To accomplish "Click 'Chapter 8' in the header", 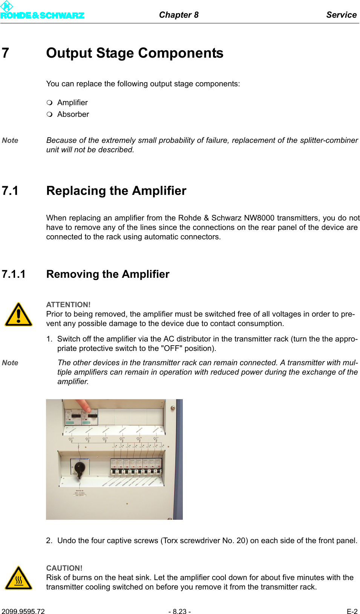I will (179, 15).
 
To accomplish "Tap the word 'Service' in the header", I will (341, 15).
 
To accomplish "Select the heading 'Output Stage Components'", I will (135, 53).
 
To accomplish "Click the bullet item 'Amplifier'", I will (72, 103).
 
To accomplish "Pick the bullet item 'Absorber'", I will (73, 114).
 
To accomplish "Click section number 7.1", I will (10, 191).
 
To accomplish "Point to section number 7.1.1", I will (14, 274).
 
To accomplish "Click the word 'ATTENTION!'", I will (68, 305).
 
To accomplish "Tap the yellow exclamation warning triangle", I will (18, 315).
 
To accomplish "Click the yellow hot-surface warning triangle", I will (18, 578).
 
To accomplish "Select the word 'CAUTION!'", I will (64, 568).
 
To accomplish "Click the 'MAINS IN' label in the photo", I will (80, 491).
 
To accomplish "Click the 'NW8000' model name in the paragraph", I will (259, 218).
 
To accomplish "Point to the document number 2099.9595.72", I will (23, 611).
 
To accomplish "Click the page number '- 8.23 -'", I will (179, 611).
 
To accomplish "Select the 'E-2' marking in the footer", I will (352, 611).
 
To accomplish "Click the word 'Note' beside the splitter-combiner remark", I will (10, 140).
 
